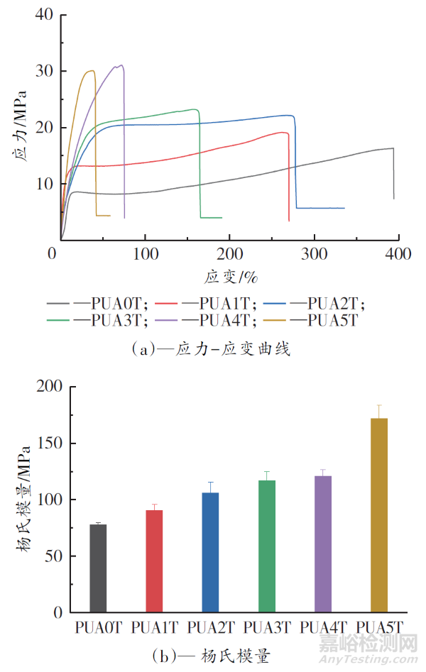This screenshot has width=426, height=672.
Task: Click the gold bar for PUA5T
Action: pos(379,515)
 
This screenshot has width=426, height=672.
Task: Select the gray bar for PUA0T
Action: pos(98,568)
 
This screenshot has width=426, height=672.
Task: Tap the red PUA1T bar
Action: pos(154,561)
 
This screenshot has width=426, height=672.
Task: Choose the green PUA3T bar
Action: pos(267,546)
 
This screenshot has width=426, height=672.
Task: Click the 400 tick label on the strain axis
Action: pos(399,253)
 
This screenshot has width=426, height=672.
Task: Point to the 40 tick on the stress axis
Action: pos(44,14)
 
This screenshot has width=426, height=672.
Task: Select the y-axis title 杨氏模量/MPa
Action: pos(23,499)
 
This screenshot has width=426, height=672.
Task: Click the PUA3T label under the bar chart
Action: pos(267,627)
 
